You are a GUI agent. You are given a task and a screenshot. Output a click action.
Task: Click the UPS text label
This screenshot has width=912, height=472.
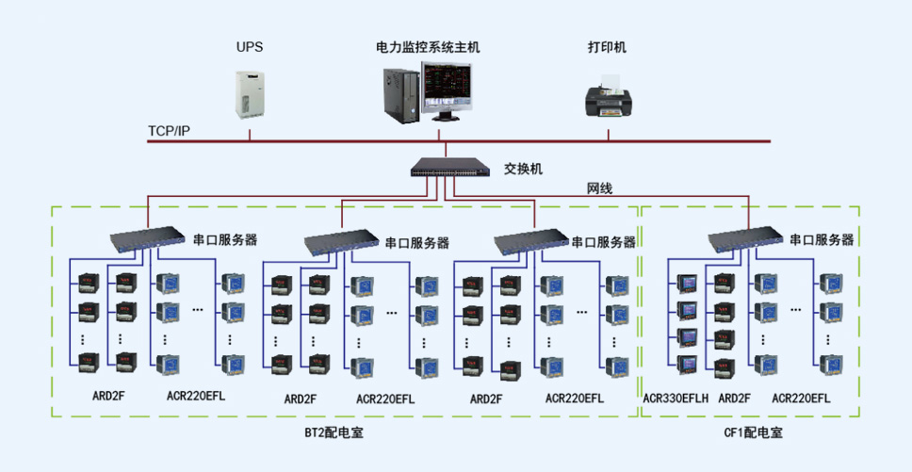249,47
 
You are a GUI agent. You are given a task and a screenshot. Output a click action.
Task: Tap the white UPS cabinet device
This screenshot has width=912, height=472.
249,95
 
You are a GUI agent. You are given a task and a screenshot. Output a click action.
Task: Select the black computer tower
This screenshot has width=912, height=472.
401,96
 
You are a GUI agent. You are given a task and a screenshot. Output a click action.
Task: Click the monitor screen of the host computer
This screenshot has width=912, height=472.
448,88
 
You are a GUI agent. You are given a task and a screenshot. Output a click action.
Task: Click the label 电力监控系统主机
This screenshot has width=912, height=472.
428,47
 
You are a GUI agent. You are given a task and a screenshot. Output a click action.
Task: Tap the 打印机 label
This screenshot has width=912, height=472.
608,47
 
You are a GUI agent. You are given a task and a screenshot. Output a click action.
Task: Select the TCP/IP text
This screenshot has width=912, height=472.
169,131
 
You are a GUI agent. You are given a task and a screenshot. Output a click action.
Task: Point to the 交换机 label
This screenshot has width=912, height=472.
524,170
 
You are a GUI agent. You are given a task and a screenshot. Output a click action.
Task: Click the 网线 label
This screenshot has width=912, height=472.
599,188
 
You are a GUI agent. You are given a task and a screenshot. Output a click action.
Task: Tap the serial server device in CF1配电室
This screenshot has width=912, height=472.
745,238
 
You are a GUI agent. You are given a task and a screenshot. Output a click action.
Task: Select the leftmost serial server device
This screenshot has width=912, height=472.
148,238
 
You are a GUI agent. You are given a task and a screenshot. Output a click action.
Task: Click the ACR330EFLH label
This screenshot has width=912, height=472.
676,399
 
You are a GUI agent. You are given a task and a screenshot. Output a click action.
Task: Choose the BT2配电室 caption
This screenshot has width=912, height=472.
334,433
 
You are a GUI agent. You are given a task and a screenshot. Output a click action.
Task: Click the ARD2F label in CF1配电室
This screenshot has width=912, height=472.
734,399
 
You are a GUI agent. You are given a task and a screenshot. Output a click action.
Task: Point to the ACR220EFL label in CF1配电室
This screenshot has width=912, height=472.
801,399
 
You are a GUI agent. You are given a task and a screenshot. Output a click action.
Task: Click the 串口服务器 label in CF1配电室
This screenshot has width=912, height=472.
822,239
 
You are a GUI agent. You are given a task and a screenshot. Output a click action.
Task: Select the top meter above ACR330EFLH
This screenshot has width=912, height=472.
688,283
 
